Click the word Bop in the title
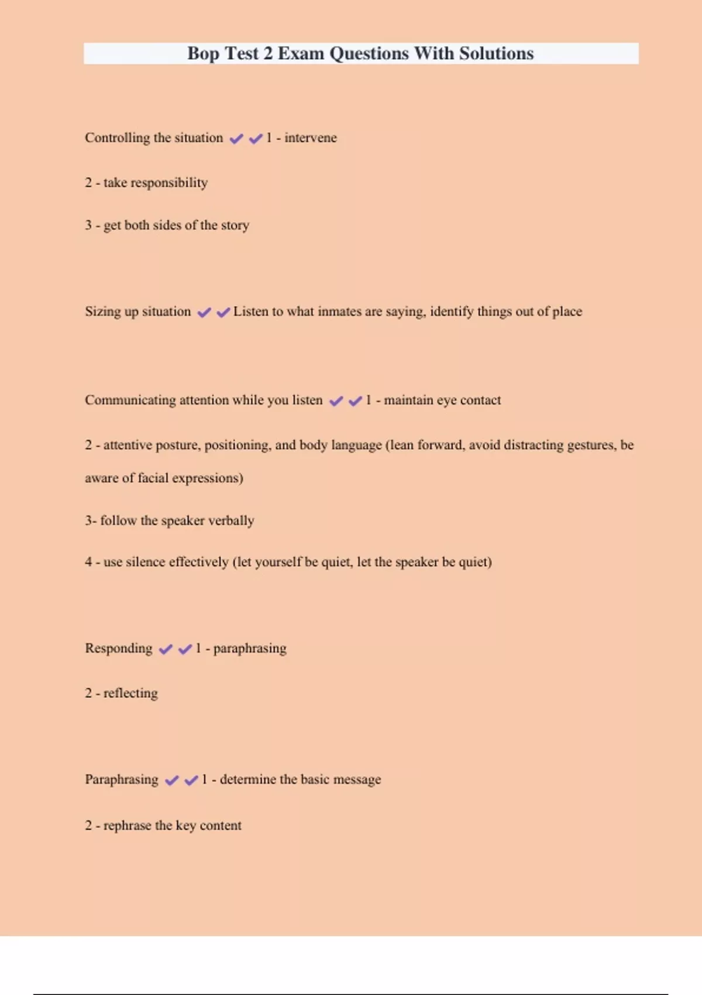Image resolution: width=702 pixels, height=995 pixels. (203, 54)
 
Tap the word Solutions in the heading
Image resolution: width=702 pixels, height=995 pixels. (496, 53)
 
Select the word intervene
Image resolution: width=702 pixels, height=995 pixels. (311, 138)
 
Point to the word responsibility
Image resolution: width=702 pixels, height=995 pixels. (169, 183)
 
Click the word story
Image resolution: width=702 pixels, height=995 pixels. (235, 225)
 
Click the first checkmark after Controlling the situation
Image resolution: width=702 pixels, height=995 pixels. (236, 139)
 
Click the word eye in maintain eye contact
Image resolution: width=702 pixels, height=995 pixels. (447, 400)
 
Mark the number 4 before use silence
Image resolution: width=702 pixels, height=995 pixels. (88, 562)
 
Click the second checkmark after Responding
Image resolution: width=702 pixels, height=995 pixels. (185, 649)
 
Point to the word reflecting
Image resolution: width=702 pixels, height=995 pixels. (130, 694)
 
